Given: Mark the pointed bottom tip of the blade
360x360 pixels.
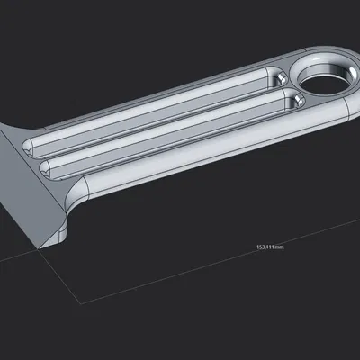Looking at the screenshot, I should coord(39,247).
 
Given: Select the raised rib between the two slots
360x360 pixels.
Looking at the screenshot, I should coord(162,121).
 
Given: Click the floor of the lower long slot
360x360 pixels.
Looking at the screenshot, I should coord(171,135).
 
